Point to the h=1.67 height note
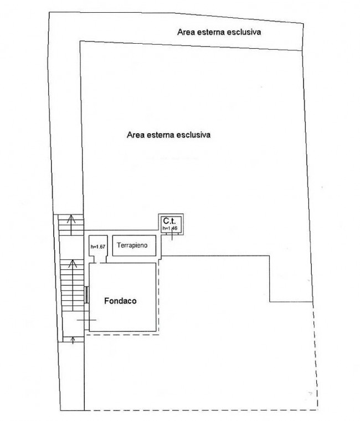tap(97, 246)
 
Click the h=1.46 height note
tap(169, 227)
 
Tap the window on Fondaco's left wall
tap(86, 294)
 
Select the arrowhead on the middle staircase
tap(71, 262)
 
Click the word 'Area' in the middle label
tap(135, 134)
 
